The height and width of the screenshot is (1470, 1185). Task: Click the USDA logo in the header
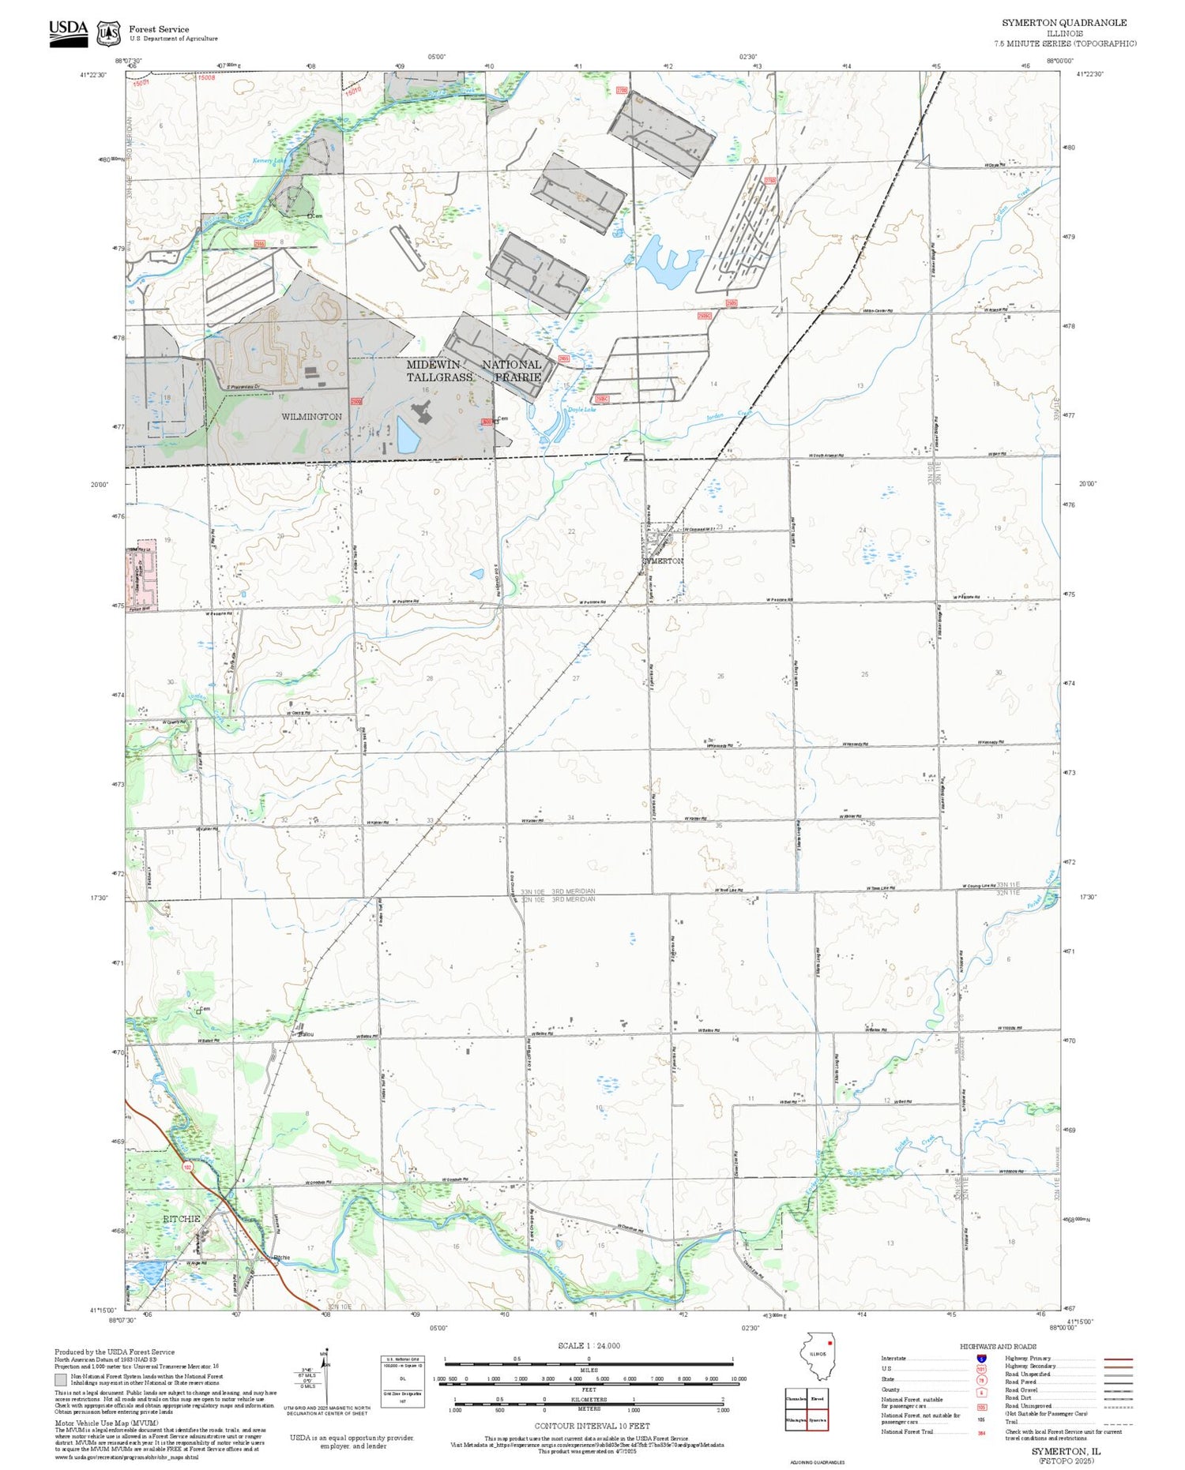pyautogui.click(x=68, y=33)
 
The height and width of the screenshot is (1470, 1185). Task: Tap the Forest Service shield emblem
pyautogui.click(x=108, y=34)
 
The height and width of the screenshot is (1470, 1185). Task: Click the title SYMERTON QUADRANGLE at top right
pyautogui.click(x=1064, y=23)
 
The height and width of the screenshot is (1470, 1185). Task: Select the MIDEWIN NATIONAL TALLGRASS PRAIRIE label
pyautogui.click(x=473, y=371)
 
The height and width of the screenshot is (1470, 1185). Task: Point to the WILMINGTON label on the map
pyautogui.click(x=311, y=417)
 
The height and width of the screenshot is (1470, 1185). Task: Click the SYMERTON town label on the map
pyautogui.click(x=662, y=561)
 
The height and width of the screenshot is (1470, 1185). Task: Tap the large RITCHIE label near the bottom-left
pyautogui.click(x=182, y=1219)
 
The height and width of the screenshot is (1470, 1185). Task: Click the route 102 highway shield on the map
pyautogui.click(x=187, y=1166)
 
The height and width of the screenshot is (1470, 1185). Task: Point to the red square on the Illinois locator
pyautogui.click(x=829, y=1342)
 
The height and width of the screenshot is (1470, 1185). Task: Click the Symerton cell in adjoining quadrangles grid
pyautogui.click(x=818, y=1420)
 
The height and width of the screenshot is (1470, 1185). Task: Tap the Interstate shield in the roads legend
pyautogui.click(x=980, y=1358)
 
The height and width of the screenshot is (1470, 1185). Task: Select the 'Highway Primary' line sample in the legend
pyautogui.click(x=1116, y=1359)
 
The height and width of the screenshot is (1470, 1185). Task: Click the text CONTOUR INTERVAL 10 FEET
pyautogui.click(x=592, y=1426)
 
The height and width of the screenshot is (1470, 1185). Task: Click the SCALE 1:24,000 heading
pyautogui.click(x=589, y=1345)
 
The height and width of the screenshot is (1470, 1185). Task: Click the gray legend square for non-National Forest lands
pyautogui.click(x=61, y=1380)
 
